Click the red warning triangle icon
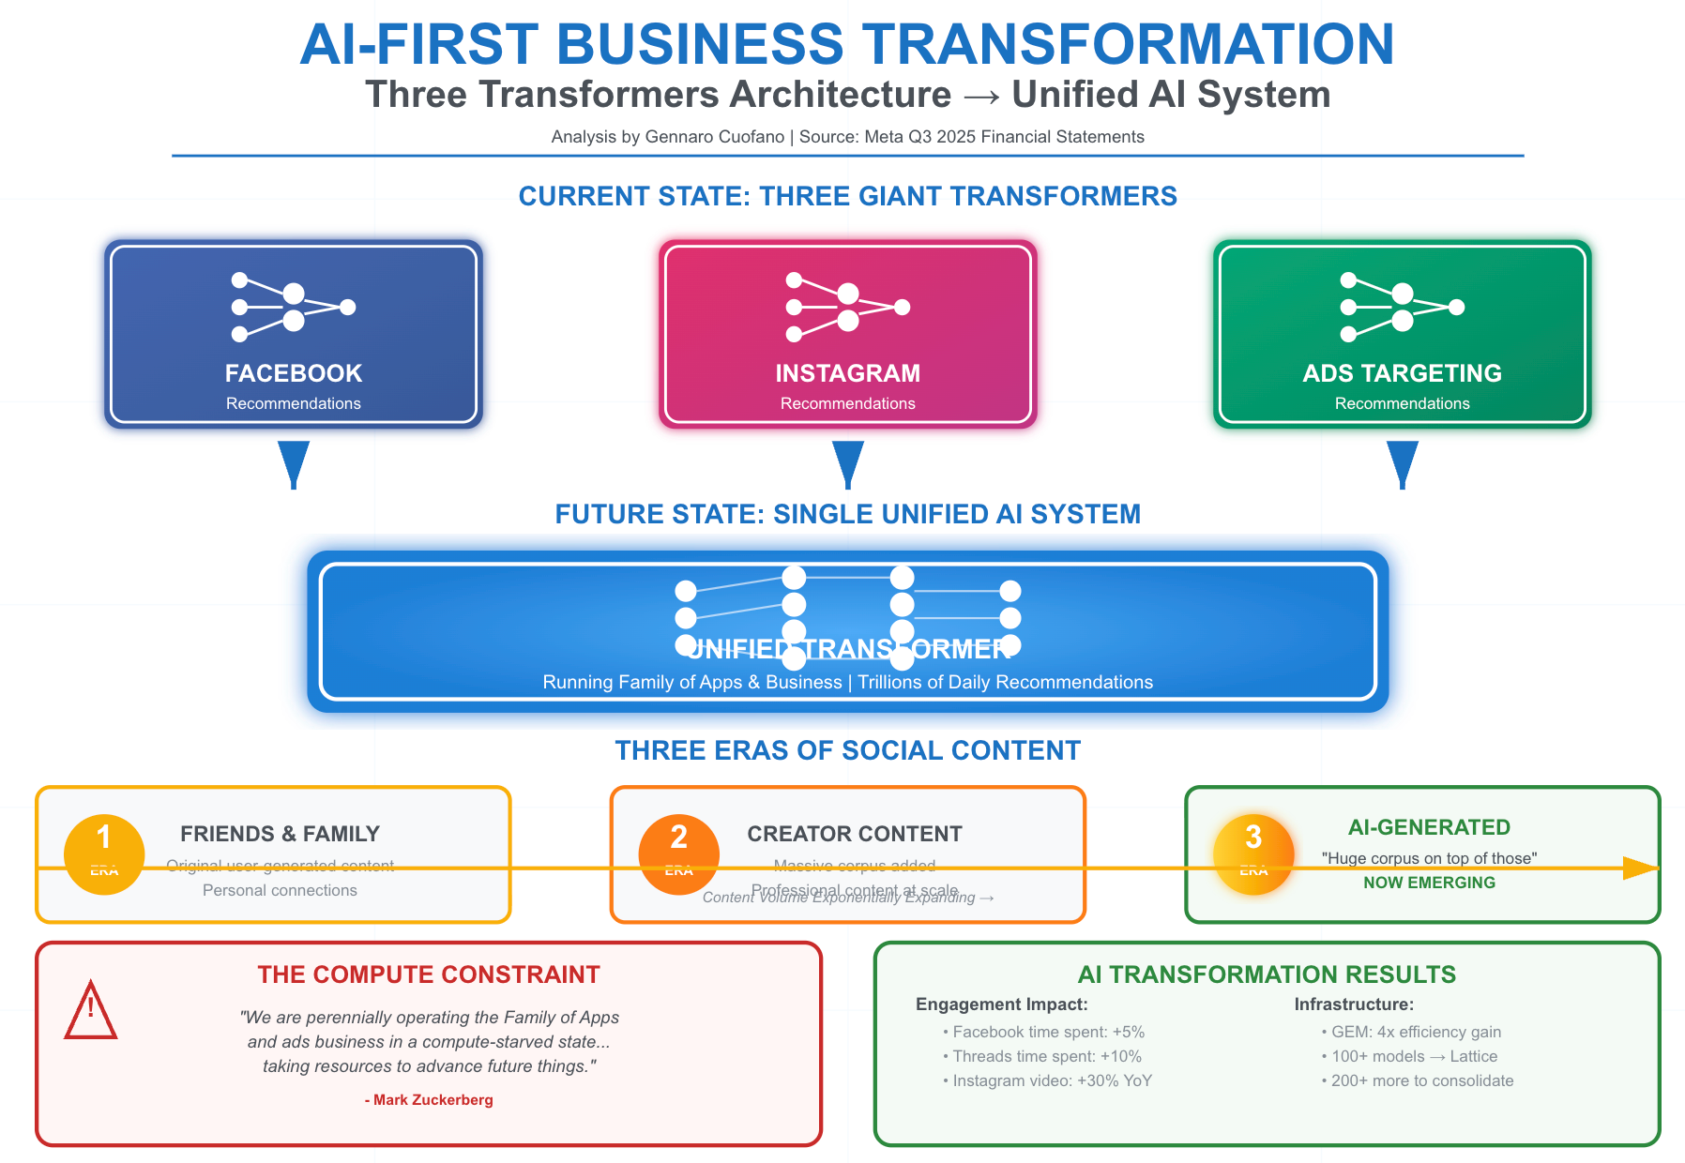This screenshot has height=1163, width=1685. pyautogui.click(x=90, y=1012)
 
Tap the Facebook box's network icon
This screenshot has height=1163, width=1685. pyautogui.click(x=293, y=307)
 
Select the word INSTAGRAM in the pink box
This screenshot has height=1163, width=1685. pyautogui.click(x=847, y=373)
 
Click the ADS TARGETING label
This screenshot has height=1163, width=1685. pyautogui.click(x=1402, y=373)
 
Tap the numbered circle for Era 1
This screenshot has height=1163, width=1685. pyautogui.click(x=104, y=853)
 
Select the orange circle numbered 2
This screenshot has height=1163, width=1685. pyautogui.click(x=678, y=853)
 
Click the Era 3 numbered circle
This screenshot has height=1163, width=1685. pyautogui.click(x=1253, y=853)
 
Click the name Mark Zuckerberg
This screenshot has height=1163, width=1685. pyautogui.click(x=433, y=1099)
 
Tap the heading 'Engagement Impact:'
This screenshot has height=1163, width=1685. pyautogui.click(x=1001, y=1004)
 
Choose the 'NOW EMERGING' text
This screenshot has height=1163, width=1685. pyautogui.click(x=1429, y=883)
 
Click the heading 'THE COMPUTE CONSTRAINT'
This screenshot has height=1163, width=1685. pyautogui.click(x=429, y=974)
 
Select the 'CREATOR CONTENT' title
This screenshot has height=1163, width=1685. pyautogui.click(x=855, y=834)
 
